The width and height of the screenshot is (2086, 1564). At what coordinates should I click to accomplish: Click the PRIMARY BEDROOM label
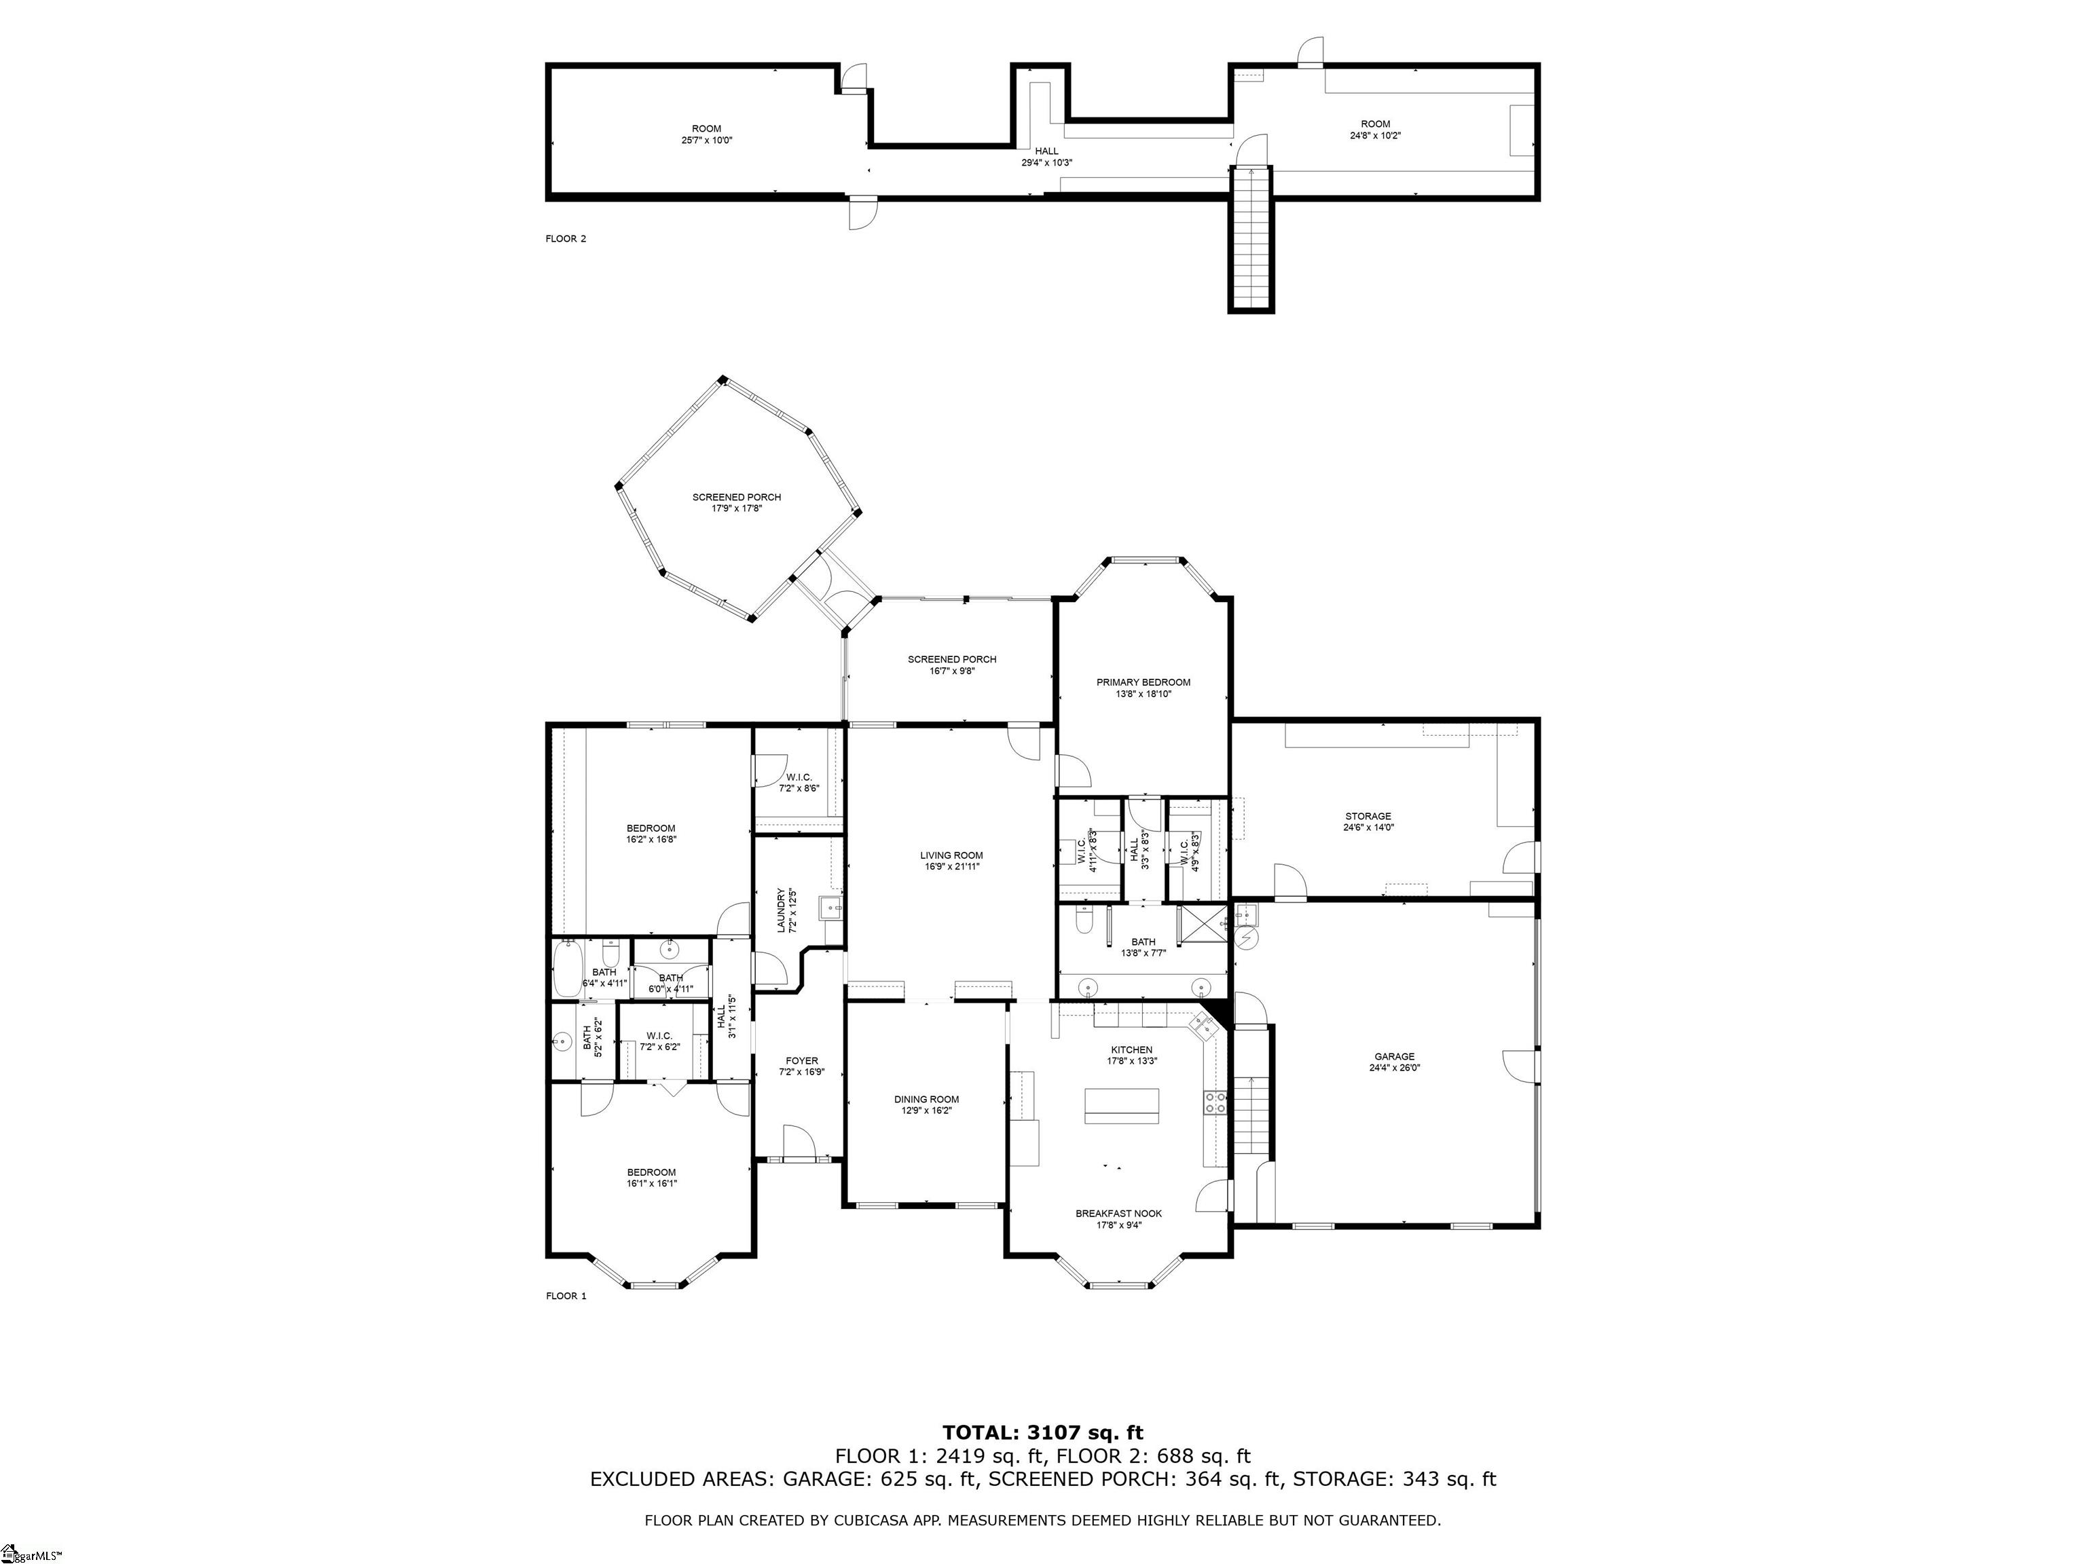pos(1143,682)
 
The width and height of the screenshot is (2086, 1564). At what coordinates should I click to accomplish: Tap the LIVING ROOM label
pos(951,855)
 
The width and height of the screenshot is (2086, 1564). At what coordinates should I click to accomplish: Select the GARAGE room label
pos(1394,1057)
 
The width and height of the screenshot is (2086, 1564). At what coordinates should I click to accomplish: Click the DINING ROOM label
pos(926,1099)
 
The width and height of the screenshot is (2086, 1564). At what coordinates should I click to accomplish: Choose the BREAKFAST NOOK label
pos(1118,1213)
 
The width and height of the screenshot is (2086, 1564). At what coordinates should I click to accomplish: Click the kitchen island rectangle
pos(1121,1106)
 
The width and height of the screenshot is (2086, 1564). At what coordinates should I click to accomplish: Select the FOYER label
pos(801,1060)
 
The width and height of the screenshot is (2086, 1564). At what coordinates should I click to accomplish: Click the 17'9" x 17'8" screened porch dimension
pos(737,508)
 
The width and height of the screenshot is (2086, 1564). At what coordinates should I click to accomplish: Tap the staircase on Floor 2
pos(1251,238)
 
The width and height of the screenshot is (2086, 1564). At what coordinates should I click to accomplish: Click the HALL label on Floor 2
pos(1047,151)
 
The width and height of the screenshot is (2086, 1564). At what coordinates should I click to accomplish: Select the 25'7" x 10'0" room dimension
pos(706,141)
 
